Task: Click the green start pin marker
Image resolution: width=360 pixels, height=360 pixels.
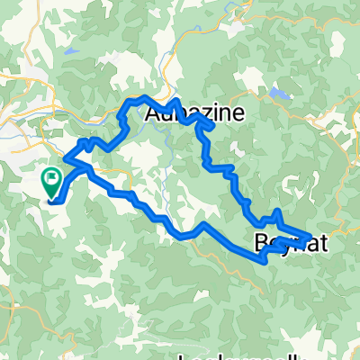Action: (x=50, y=183)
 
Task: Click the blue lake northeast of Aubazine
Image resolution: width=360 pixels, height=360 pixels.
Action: (x=280, y=94)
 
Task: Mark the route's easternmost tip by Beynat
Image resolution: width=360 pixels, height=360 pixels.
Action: (x=311, y=236)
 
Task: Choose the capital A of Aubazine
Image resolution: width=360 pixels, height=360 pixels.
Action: (x=154, y=114)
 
